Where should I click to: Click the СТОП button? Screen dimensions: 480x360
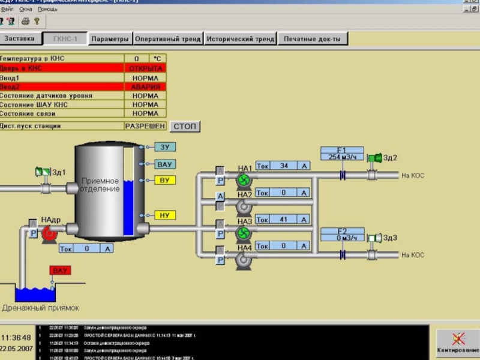pyautogui.click(x=185, y=127)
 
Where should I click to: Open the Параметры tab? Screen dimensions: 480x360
pyautogui.click(x=110, y=39)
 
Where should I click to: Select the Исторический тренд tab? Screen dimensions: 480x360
pyautogui.click(x=240, y=39)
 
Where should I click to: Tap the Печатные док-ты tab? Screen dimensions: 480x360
pyautogui.click(x=312, y=39)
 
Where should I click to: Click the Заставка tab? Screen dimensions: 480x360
pyautogui.click(x=21, y=39)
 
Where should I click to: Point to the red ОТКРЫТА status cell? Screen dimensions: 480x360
pyautogui.click(x=145, y=68)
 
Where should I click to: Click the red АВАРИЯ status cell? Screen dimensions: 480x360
pyautogui.click(x=145, y=87)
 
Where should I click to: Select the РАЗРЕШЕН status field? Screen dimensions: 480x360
pyautogui.click(x=145, y=127)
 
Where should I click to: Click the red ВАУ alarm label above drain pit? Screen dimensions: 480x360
pyautogui.click(x=61, y=271)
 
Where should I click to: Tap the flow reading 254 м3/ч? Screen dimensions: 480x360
pyautogui.click(x=342, y=157)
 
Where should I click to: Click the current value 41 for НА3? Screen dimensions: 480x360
pyautogui.click(x=284, y=219)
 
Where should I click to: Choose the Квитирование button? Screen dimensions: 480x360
pyautogui.click(x=458, y=343)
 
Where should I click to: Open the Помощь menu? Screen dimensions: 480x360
pyautogui.click(x=48, y=10)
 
